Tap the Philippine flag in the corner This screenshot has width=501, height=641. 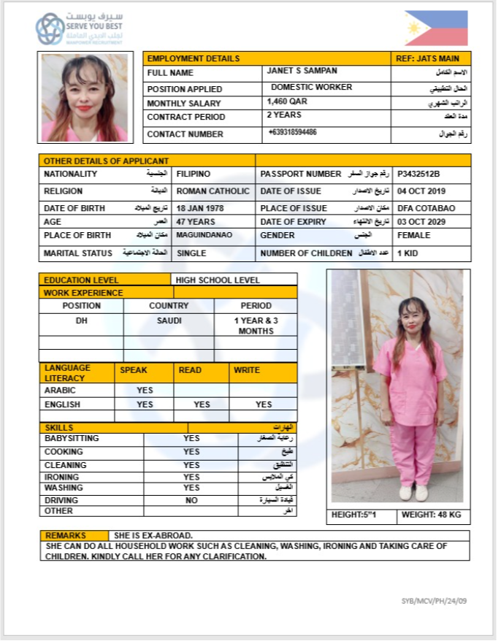436,28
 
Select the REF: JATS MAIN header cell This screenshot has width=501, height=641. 430,58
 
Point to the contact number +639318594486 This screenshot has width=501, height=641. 292,133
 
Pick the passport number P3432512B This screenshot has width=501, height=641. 418,174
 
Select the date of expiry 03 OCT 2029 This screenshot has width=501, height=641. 426,222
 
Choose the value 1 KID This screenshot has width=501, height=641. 409,253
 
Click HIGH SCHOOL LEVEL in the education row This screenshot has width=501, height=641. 218,280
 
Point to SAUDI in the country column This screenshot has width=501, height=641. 169,320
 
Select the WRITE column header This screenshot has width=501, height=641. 247,370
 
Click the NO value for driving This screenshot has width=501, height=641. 191,501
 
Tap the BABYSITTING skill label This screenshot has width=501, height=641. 72,439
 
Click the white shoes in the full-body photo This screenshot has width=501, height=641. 413,493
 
